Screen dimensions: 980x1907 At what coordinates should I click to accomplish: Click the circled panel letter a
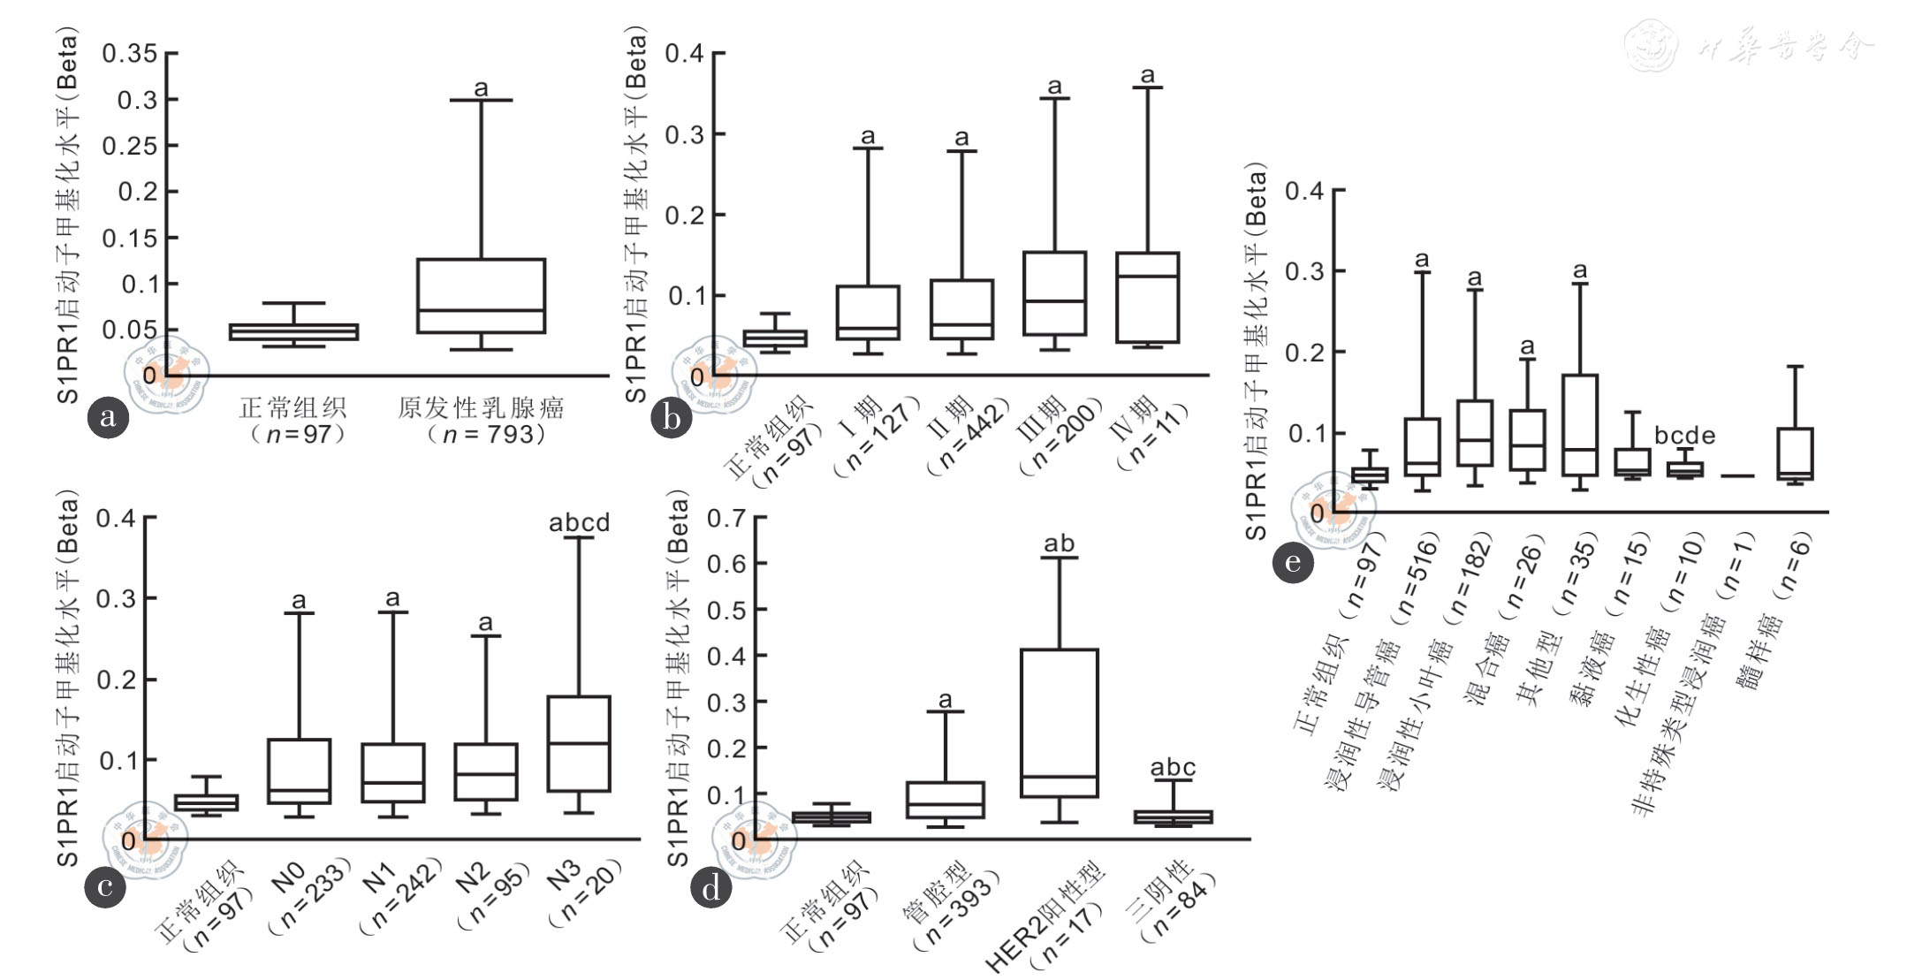click(108, 417)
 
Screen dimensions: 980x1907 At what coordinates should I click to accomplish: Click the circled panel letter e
click(1293, 562)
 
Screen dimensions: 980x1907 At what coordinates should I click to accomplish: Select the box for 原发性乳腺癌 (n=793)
click(481, 296)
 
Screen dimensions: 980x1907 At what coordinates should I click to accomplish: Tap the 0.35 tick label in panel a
click(129, 54)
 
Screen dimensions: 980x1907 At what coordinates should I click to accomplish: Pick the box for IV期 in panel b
click(1147, 297)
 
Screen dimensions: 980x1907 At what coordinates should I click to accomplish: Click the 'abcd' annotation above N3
click(579, 523)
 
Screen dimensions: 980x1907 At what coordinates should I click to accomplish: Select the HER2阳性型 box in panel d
click(1059, 723)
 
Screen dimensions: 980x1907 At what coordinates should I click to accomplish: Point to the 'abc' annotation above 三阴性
click(1173, 768)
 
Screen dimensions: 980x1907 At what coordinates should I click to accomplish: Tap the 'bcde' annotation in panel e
click(1684, 436)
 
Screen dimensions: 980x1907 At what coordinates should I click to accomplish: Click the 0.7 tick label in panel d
click(726, 518)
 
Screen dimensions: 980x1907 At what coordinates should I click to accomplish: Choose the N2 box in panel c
click(485, 771)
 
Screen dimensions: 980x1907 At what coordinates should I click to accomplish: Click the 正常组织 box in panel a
click(293, 332)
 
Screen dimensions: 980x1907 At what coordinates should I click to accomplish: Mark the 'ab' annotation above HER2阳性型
click(1059, 543)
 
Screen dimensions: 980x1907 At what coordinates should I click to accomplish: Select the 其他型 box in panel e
click(1580, 425)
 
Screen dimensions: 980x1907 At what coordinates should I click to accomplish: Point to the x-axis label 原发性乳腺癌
click(481, 407)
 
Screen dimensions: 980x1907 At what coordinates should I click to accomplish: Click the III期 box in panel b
click(1054, 293)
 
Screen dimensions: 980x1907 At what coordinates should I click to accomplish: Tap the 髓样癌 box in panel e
click(1795, 454)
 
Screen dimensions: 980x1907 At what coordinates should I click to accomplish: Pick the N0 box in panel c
click(299, 771)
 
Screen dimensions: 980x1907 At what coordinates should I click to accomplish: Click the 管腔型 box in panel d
click(945, 800)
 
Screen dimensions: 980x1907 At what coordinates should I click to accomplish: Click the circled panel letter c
click(104, 886)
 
